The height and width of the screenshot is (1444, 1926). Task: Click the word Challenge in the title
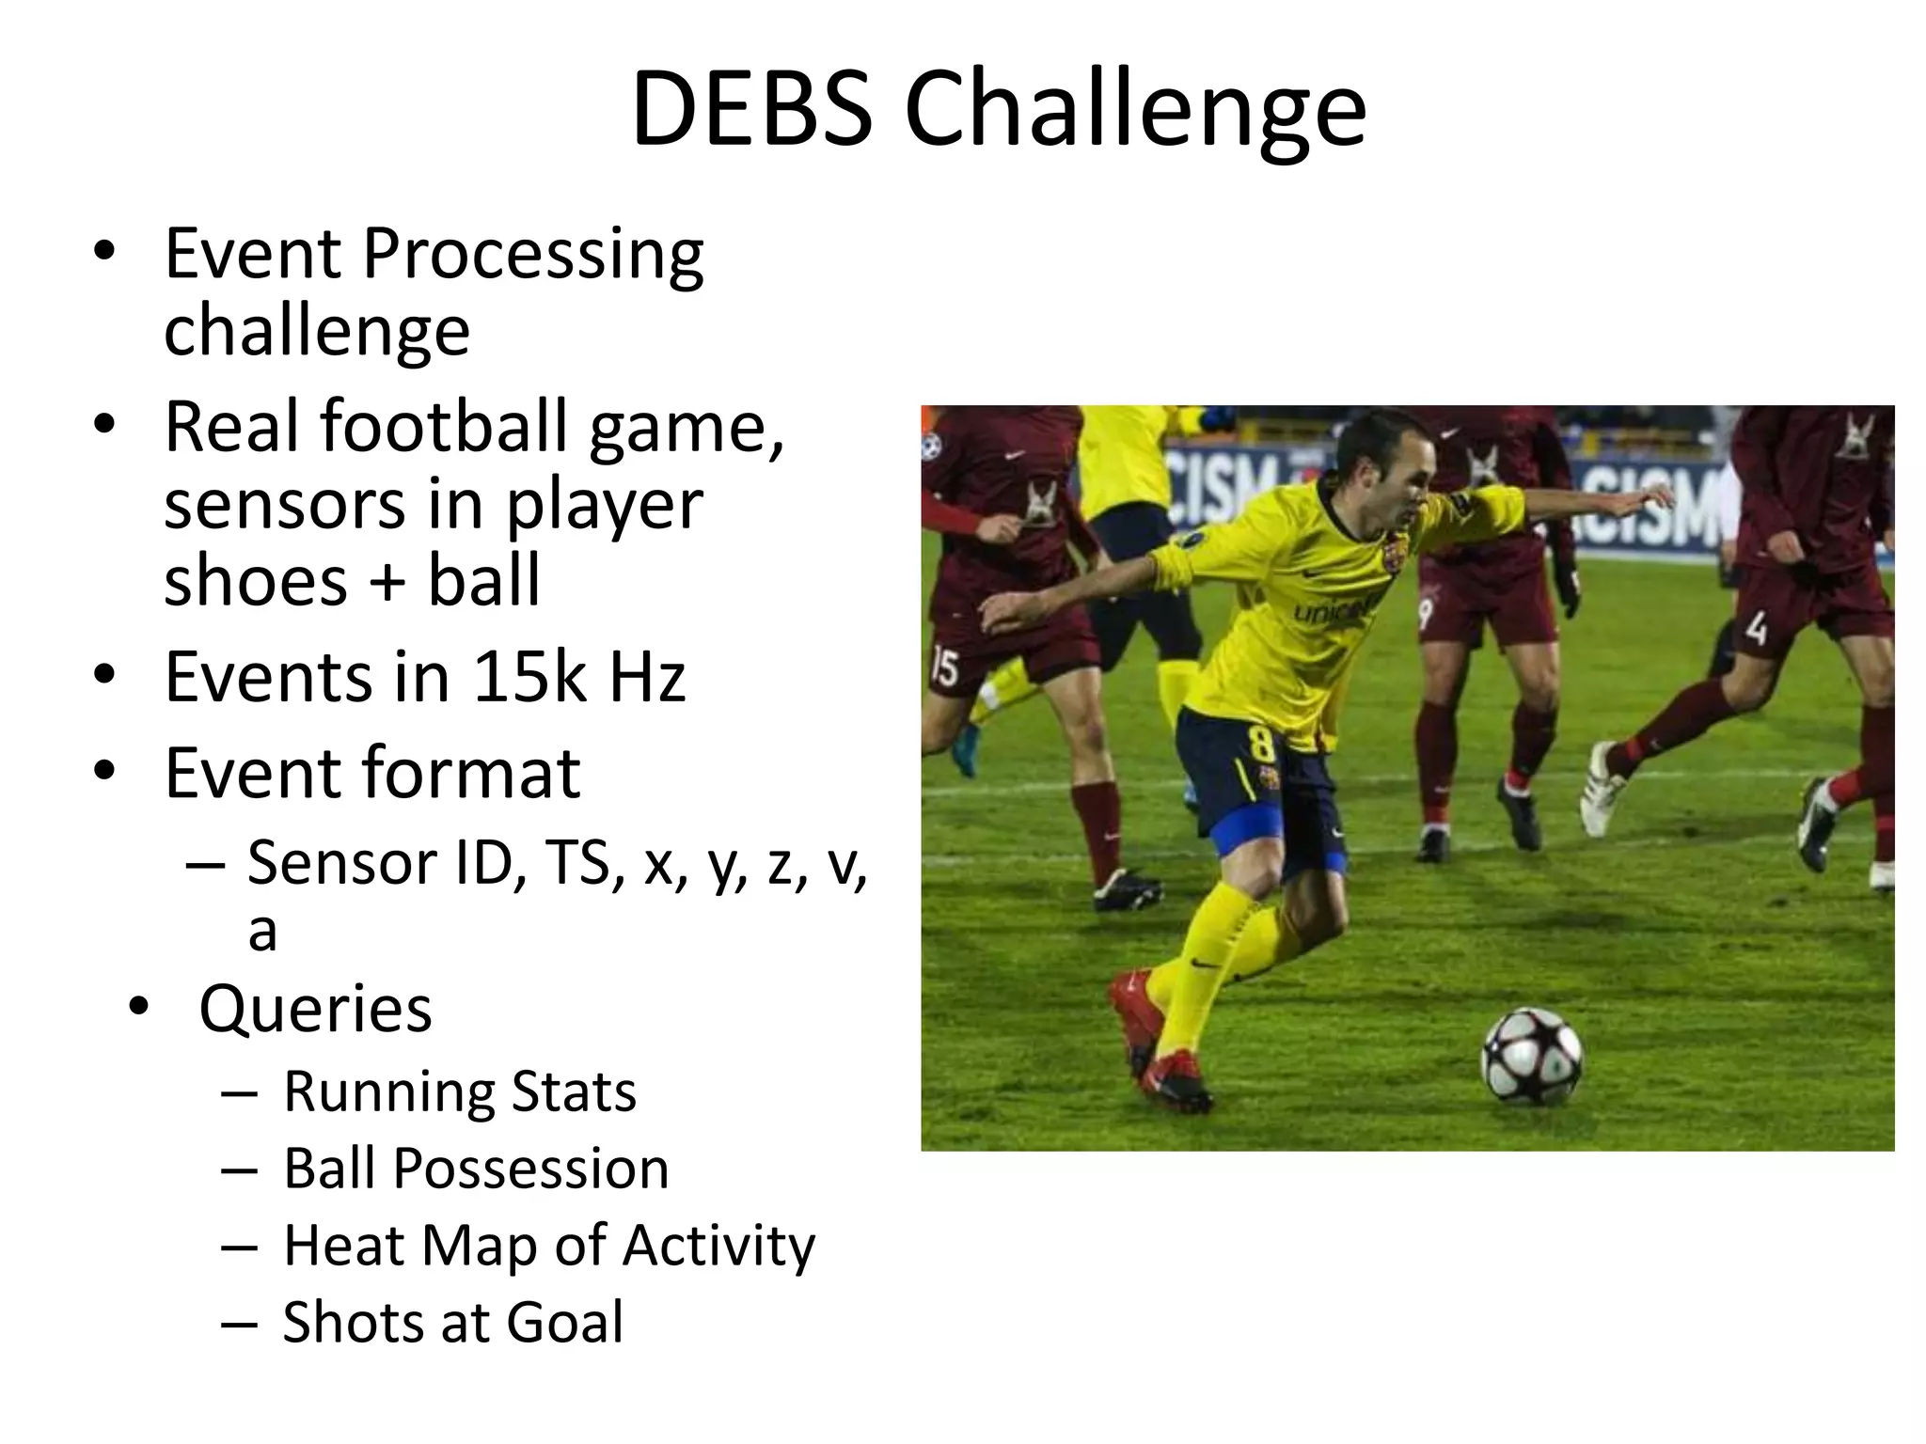[1134, 111]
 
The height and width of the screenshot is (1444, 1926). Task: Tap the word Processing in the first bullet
[532, 256]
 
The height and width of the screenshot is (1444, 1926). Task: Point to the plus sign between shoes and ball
[387, 581]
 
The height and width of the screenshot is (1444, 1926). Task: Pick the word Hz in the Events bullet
[647, 677]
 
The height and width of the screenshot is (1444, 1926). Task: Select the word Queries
[315, 1009]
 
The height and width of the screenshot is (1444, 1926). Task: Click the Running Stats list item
[460, 1091]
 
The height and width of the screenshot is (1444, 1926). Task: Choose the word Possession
[530, 1169]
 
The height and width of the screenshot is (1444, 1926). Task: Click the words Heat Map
[410, 1246]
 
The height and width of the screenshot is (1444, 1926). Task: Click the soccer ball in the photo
[1532, 1055]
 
